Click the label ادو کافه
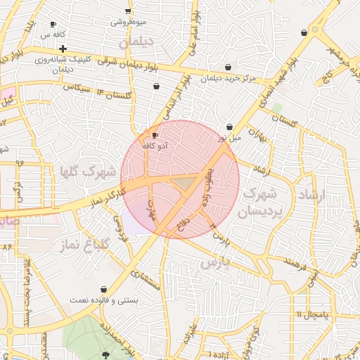(x=155, y=145)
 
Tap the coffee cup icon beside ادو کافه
(x=155, y=135)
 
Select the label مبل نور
(x=229, y=137)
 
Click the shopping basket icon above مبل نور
(x=230, y=127)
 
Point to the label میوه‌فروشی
(x=128, y=21)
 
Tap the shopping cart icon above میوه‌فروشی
(x=127, y=11)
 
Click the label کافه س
(x=53, y=34)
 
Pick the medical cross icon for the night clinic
(x=63, y=49)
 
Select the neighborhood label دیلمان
(x=136, y=43)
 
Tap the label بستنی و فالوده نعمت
(x=104, y=300)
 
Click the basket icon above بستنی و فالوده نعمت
(x=104, y=289)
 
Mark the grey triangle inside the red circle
(x=184, y=184)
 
